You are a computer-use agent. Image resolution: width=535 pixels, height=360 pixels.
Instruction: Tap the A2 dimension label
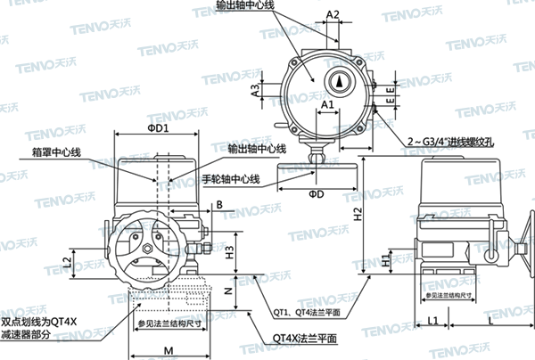tap(332, 15)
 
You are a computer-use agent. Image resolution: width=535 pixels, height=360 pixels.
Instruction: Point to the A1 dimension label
tap(326, 104)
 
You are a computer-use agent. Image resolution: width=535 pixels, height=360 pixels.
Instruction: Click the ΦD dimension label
tap(316, 194)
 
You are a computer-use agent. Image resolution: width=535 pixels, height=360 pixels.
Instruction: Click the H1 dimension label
tap(386, 262)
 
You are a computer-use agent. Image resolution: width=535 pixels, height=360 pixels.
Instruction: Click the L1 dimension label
tap(433, 318)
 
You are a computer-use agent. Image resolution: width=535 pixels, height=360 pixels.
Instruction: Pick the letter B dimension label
tap(218, 206)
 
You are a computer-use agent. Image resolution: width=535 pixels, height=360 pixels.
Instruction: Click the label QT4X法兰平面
tap(305, 339)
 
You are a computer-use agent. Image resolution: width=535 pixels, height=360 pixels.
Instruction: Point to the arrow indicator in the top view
tap(340, 79)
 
